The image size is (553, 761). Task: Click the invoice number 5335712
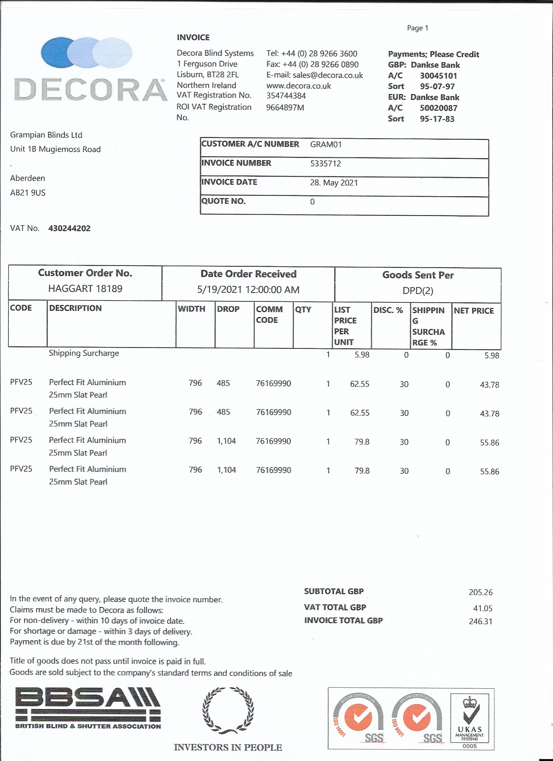[x=325, y=163]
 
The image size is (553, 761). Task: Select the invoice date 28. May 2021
[x=334, y=183]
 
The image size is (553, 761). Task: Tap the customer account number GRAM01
[x=326, y=145]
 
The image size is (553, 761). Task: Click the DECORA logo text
[x=90, y=90]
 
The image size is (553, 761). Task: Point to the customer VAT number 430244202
[x=69, y=228]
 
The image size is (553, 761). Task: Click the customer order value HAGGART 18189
[x=85, y=289]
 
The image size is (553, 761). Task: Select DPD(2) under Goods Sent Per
[x=418, y=291]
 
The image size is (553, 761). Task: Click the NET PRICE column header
[x=474, y=311]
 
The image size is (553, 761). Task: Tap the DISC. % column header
[x=388, y=310]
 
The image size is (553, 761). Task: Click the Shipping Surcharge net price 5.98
[x=492, y=356]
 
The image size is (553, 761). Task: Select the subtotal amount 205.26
[x=480, y=592]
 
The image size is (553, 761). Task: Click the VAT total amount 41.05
[x=483, y=608]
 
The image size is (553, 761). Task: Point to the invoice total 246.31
[x=480, y=621]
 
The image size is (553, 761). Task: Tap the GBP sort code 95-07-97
[x=437, y=86]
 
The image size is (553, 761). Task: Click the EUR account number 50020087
[x=438, y=108]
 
